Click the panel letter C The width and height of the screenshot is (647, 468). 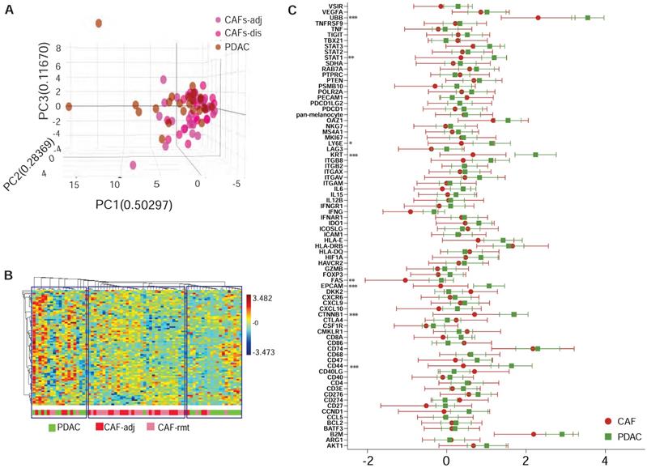click(x=292, y=10)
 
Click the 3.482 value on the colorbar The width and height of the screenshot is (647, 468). click(x=267, y=298)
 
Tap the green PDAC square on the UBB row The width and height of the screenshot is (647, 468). click(x=587, y=17)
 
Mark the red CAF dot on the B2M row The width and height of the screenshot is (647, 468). click(x=534, y=434)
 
